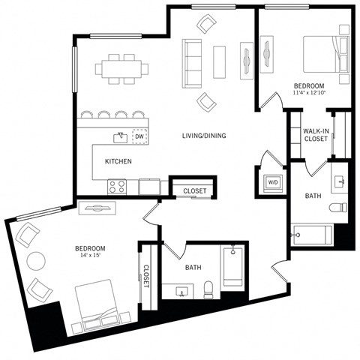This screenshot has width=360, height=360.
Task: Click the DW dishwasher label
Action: (x=139, y=136)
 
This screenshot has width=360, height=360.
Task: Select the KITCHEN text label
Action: (x=118, y=161)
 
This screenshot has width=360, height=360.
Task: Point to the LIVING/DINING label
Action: (x=204, y=136)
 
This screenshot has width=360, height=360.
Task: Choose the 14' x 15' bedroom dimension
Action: (x=89, y=256)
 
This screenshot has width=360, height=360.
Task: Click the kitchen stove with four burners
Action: (x=118, y=187)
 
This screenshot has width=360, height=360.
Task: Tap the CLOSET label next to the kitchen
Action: (x=195, y=191)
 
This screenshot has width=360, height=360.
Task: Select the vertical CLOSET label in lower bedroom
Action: (x=146, y=277)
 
